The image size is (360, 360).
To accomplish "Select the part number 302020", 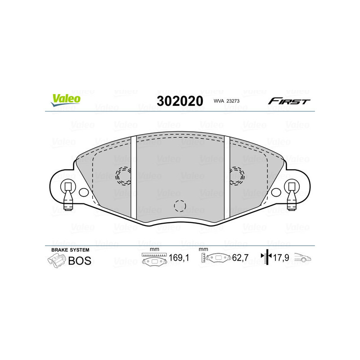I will tap(180, 101).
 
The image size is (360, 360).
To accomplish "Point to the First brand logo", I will tap(289, 101).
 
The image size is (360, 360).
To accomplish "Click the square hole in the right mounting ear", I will tap(292, 186).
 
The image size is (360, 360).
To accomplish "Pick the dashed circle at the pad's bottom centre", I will tap(180, 205).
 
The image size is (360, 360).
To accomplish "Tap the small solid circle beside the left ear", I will tap(83, 193).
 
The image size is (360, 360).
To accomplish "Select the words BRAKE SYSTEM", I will tap(70, 249).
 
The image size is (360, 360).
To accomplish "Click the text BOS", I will tap(79, 261).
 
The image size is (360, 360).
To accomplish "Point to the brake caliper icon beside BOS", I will tap(56, 261).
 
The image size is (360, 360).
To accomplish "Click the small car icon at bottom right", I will tap(303, 258).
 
